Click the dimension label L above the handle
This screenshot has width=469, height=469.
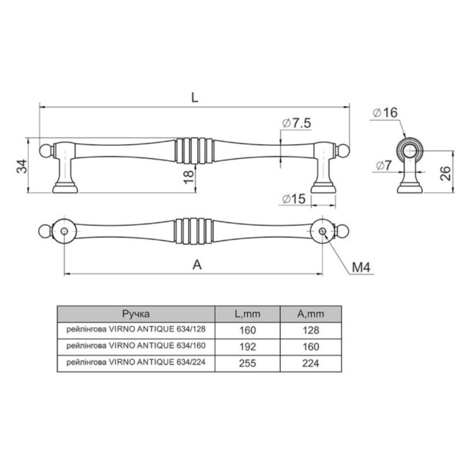[195, 97]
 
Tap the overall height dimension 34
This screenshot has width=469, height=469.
[22, 166]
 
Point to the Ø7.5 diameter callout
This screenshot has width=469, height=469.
[297, 123]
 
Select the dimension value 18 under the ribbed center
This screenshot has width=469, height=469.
[189, 177]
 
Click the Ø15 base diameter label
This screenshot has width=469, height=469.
[294, 199]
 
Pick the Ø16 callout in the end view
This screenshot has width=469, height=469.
[385, 113]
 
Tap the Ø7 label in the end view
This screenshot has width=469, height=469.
[383, 165]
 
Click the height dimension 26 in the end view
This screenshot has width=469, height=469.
[446, 173]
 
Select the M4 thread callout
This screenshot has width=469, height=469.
[361, 267]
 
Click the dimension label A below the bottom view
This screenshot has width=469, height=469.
[197, 265]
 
